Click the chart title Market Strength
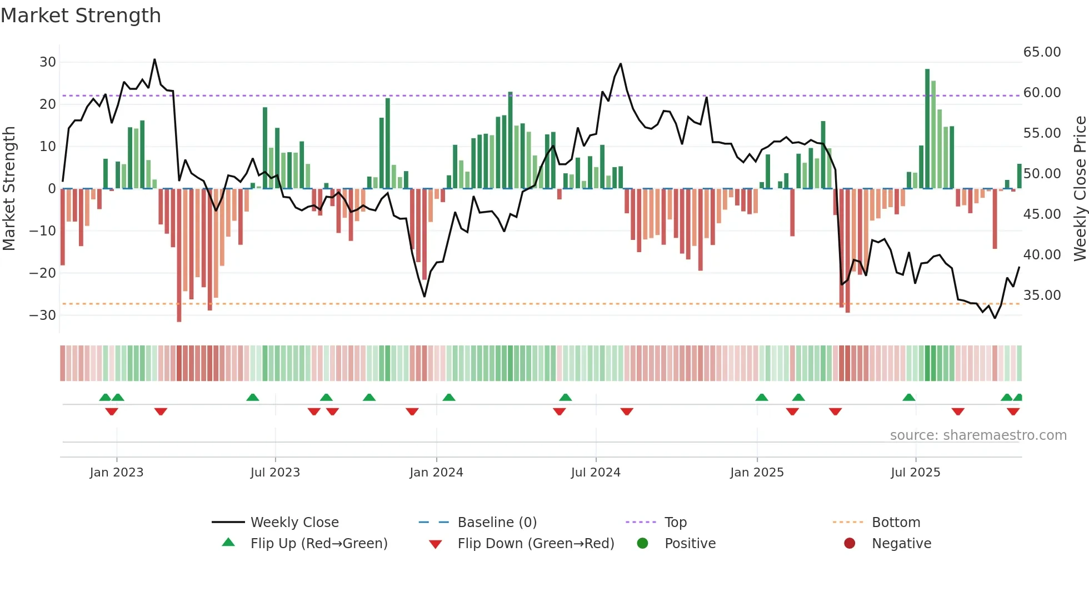(x=81, y=16)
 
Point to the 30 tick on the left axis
(x=48, y=62)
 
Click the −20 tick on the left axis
(x=43, y=273)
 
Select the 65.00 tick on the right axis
(x=1042, y=52)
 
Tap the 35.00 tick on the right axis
(x=1042, y=295)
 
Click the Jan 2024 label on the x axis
(x=436, y=473)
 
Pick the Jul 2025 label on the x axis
(x=915, y=473)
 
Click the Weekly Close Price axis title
(x=1080, y=189)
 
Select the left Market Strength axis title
(x=9, y=189)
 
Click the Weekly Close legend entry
(x=294, y=523)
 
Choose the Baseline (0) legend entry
(x=497, y=523)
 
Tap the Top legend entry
(x=676, y=523)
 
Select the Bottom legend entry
(x=896, y=523)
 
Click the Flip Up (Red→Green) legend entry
(x=318, y=544)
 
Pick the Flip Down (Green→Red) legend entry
(x=536, y=544)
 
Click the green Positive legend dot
(x=643, y=544)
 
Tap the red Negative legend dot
(x=850, y=544)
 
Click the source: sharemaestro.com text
(x=978, y=435)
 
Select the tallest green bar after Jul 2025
(x=927, y=128)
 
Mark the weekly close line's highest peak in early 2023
(x=154, y=59)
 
